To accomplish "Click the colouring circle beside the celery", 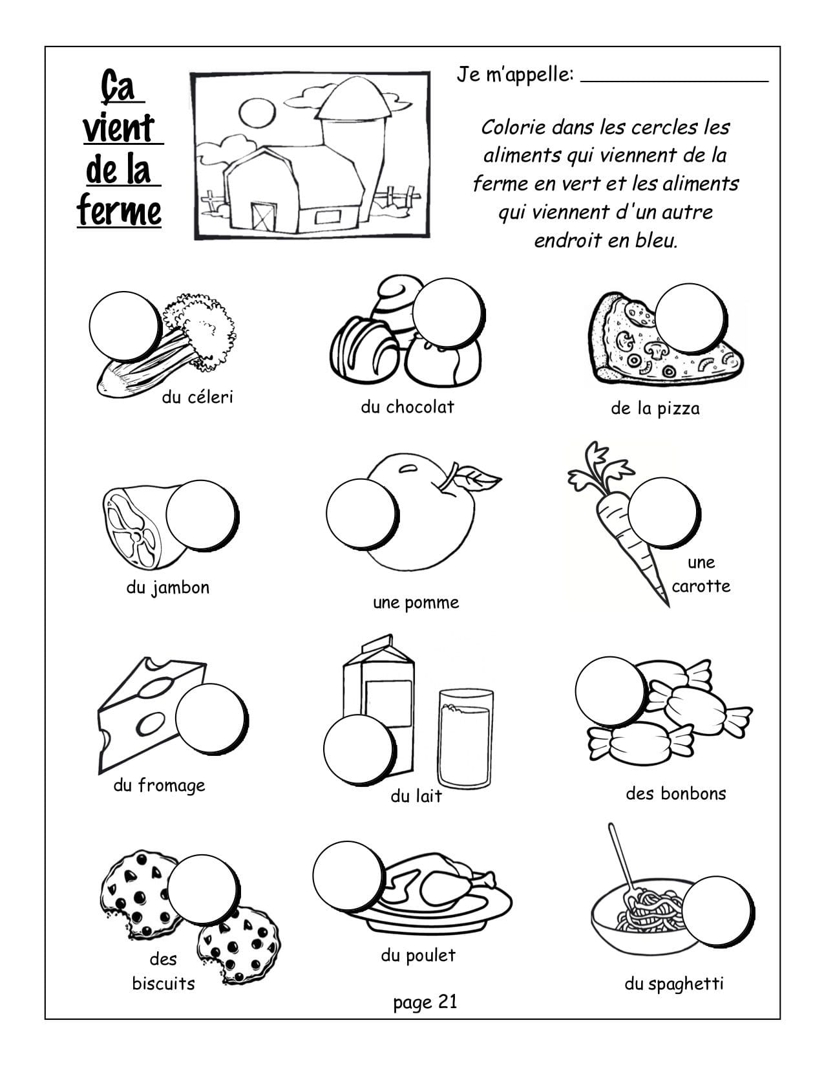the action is pos(125,327).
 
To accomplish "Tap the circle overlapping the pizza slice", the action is pos(690,318).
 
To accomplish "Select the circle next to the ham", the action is pos(201,515).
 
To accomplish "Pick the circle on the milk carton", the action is pos(359,749).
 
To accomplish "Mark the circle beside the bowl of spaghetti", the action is pos(717,911).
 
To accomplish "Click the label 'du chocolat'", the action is pos(407,407).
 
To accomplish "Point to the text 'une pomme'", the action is pos(416,603).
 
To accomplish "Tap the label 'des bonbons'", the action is pos(676,793).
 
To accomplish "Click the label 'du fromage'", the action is pos(159,786).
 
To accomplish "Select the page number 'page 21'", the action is pos(425,1002).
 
